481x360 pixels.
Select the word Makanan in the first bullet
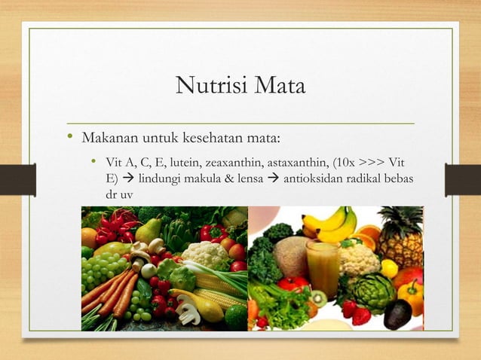pos(108,139)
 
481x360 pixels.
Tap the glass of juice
pos(321,267)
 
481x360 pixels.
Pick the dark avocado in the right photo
pos(397,313)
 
